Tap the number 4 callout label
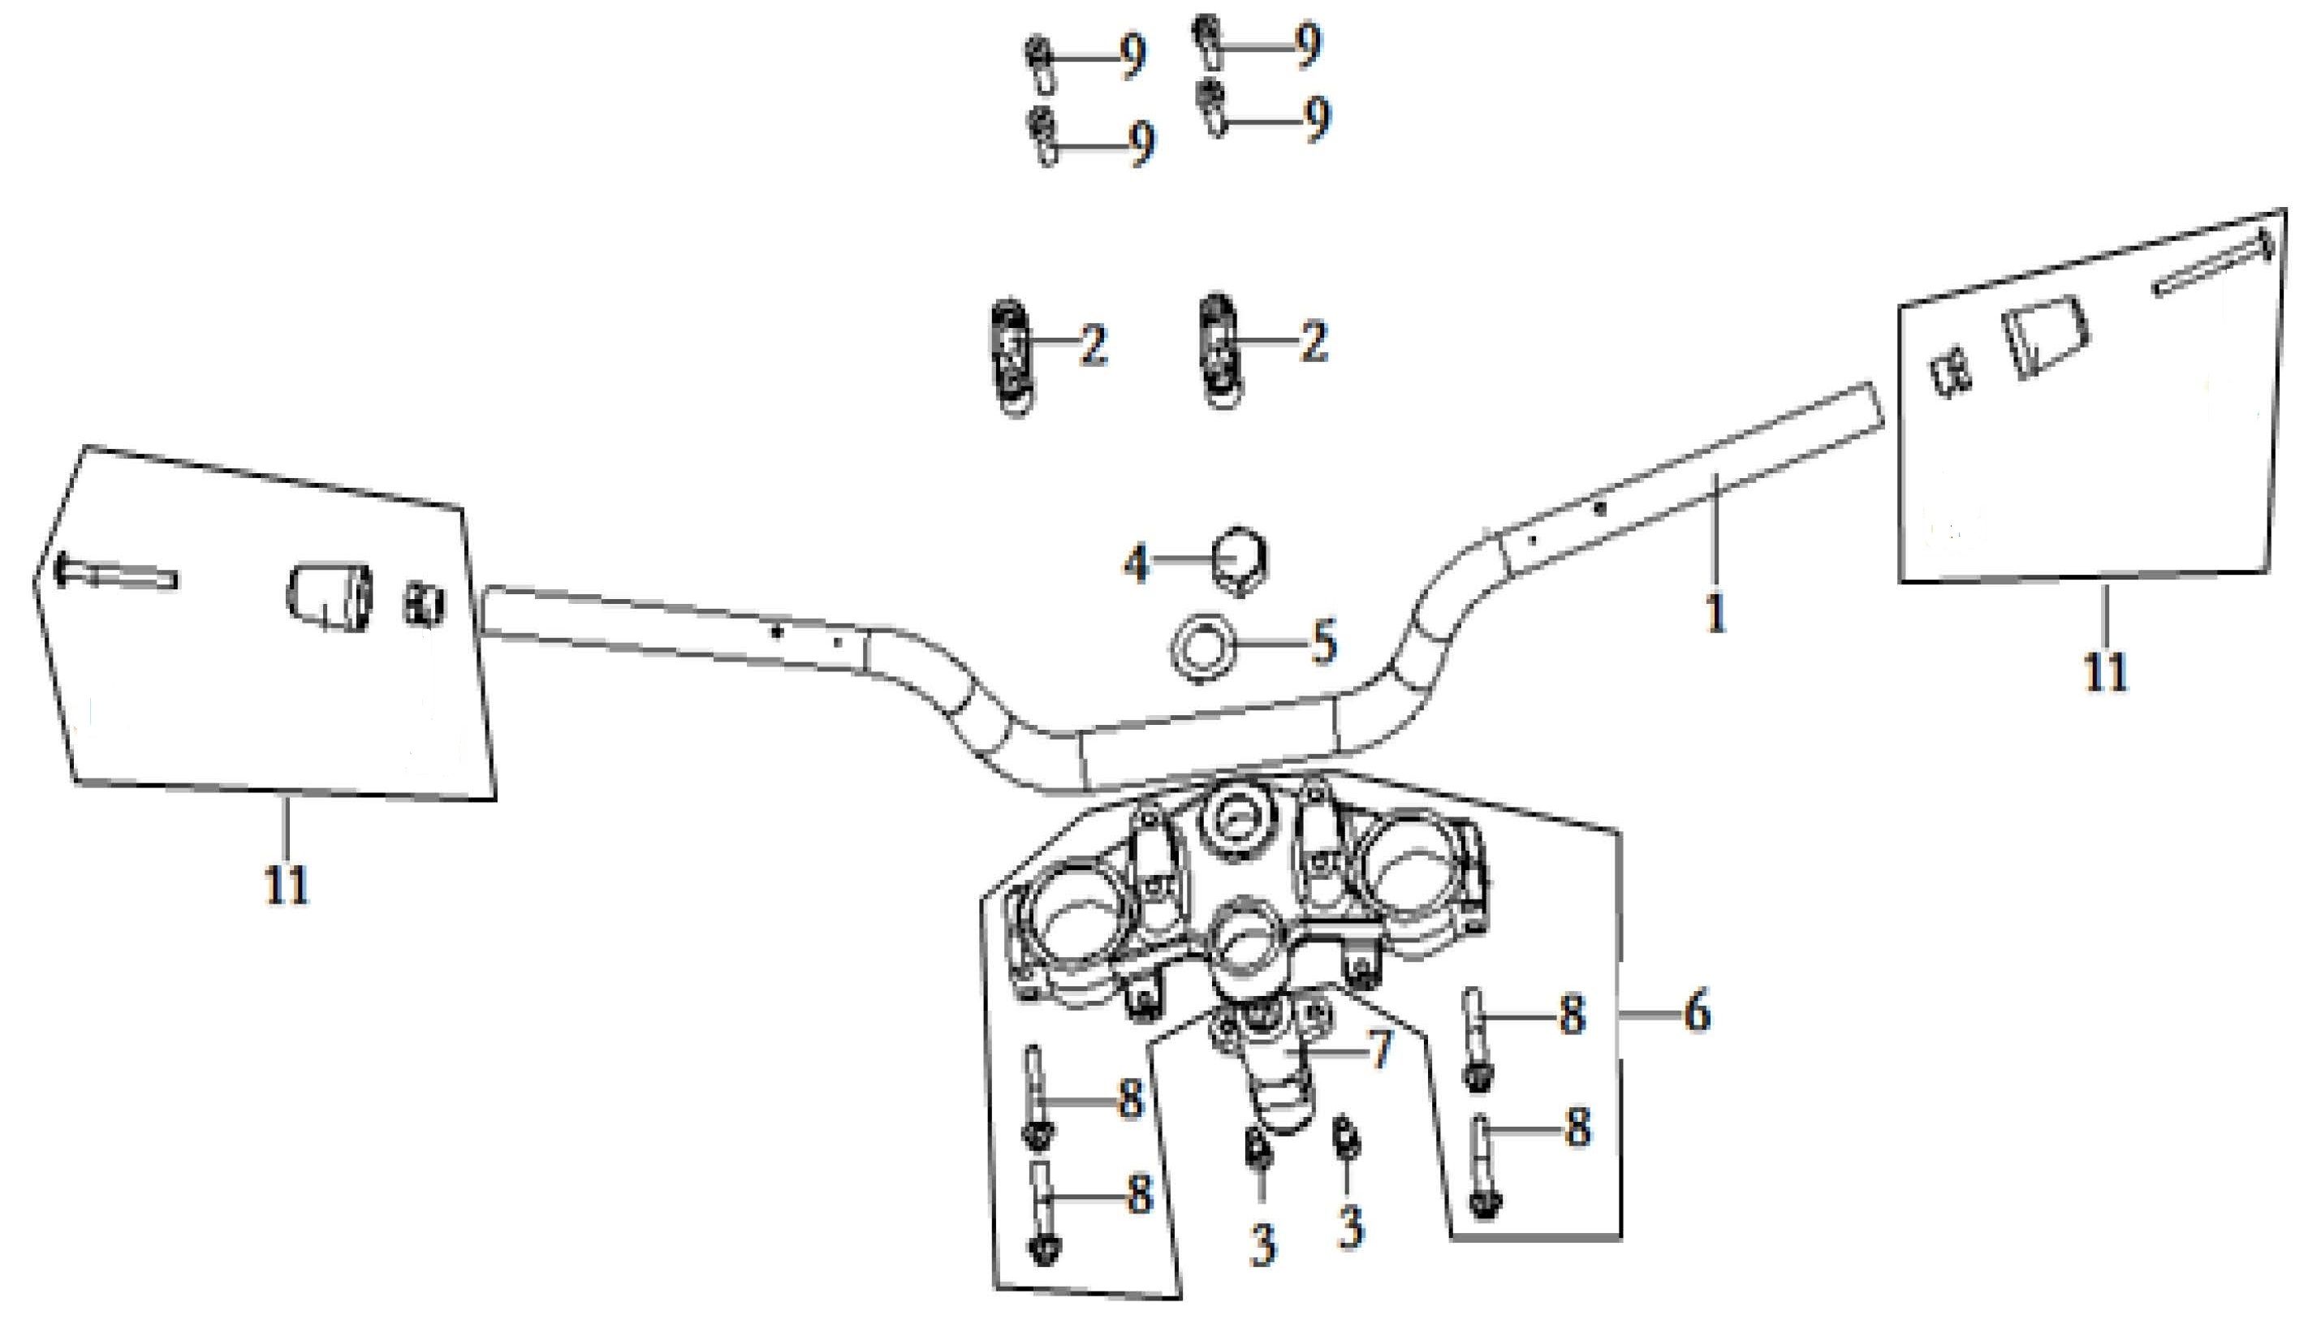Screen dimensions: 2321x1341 tap(1137, 563)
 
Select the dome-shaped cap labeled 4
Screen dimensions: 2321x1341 tap(1239, 559)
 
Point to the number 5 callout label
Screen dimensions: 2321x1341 tap(1323, 642)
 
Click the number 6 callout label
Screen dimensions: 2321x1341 tap(1697, 1014)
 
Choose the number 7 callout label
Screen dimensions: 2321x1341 tap(1378, 1049)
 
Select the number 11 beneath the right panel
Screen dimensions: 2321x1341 tap(2107, 671)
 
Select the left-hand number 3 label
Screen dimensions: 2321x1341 tap(1262, 1245)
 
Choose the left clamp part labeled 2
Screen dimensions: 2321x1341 tap(1014, 357)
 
